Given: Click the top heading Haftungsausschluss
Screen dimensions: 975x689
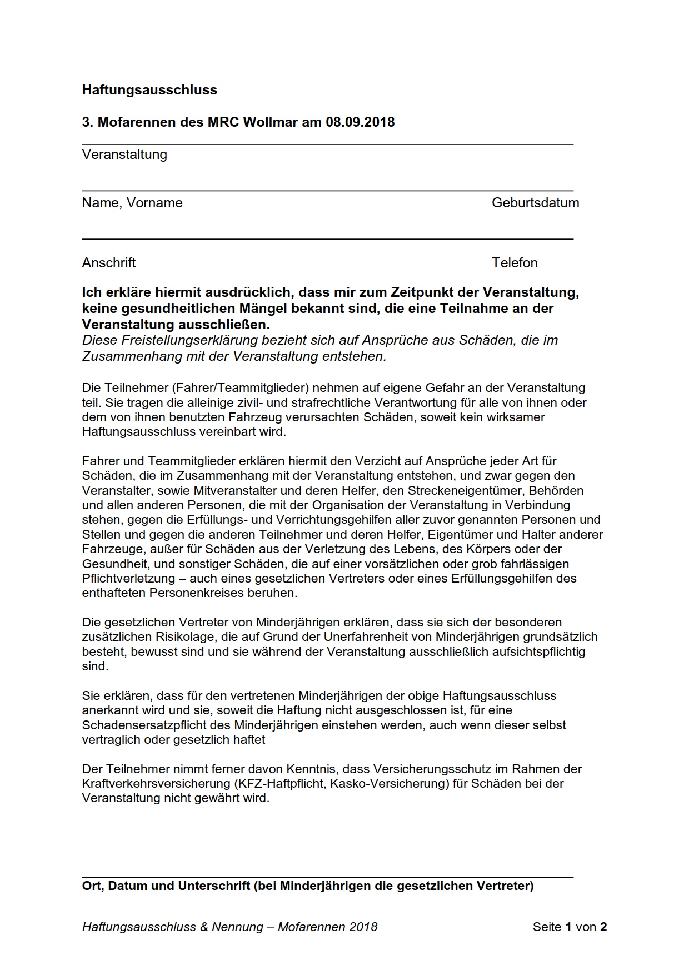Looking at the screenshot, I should [x=149, y=90].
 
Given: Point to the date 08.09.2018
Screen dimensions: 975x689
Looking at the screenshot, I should [x=360, y=122].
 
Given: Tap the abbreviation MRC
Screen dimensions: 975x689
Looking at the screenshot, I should [x=224, y=122].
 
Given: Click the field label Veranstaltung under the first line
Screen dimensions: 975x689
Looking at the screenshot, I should [x=124, y=155].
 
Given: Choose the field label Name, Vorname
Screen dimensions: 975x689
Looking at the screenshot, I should [x=132, y=203].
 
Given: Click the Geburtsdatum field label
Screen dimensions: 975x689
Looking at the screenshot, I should [x=535, y=203].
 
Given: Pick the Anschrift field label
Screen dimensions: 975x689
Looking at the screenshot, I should [x=109, y=263].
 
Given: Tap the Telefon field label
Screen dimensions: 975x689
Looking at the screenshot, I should [x=515, y=263].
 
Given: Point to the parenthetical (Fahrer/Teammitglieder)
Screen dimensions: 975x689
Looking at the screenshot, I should [x=241, y=388].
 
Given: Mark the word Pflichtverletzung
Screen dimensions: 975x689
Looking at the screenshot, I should [x=128, y=579].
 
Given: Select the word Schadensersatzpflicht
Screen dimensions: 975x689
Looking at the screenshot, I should [x=156, y=725].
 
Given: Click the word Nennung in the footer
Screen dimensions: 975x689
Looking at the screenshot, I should [x=237, y=927].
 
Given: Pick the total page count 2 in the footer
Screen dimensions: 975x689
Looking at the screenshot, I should [x=603, y=927].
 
